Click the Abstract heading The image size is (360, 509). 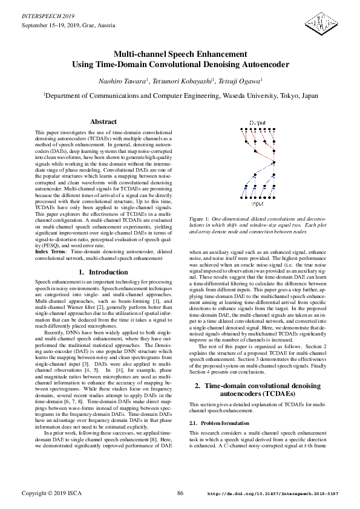pyautogui.click(x=103, y=122)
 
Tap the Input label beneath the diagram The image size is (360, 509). pyautogui.click(x=258, y=221)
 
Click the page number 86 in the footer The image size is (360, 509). pyautogui.click(x=180, y=494)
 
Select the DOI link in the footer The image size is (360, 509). pyautogui.click(x=273, y=494)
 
